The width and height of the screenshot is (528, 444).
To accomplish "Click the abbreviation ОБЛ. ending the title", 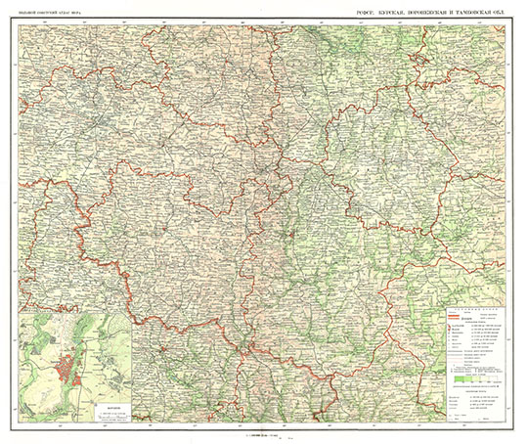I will [x=513, y=12].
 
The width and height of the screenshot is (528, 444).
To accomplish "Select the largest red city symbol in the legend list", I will [x=450, y=326].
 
